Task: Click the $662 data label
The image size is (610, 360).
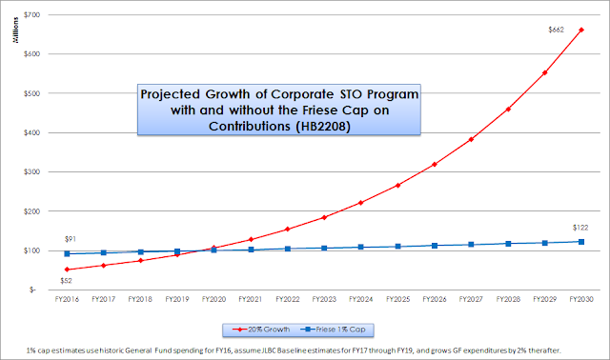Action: pyautogui.click(x=556, y=30)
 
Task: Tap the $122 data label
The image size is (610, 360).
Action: pyautogui.click(x=580, y=228)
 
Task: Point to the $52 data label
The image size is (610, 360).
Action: pyautogui.click(x=66, y=281)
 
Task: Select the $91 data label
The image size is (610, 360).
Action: pyautogui.click(x=70, y=239)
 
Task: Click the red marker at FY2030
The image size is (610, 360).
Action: pyautogui.click(x=581, y=30)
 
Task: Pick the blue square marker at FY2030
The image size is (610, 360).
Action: pyautogui.click(x=581, y=242)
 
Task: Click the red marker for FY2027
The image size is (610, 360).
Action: pyautogui.click(x=471, y=139)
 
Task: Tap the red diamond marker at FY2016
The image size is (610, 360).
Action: pyautogui.click(x=67, y=270)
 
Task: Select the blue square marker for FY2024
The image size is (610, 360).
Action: pyautogui.click(x=361, y=247)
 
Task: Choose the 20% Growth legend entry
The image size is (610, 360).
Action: pyautogui.click(x=261, y=330)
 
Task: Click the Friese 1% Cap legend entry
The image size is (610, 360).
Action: pyautogui.click(x=333, y=330)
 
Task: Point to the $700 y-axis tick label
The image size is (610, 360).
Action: pyautogui.click(x=31, y=15)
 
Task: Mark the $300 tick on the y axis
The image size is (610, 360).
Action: pyautogui.click(x=31, y=171)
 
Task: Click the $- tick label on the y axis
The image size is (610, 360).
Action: pyautogui.click(x=32, y=290)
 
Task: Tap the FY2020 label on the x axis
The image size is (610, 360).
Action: pyautogui.click(x=213, y=299)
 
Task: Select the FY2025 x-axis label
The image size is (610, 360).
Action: pyautogui.click(x=398, y=299)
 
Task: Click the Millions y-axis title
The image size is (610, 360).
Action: pyautogui.click(x=15, y=30)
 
